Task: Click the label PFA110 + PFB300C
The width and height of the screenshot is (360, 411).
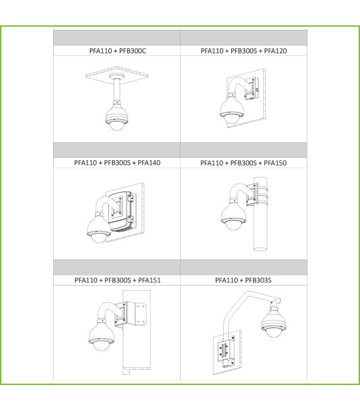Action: click(x=117, y=51)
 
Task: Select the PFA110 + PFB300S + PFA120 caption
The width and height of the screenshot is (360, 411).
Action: click(x=243, y=51)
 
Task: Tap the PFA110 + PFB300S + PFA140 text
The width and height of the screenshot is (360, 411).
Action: click(x=117, y=163)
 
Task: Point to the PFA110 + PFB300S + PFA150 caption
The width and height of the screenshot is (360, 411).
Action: click(x=243, y=163)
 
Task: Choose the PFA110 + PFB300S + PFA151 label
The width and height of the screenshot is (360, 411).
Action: click(x=117, y=280)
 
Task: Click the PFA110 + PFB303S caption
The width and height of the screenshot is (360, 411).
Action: click(x=243, y=280)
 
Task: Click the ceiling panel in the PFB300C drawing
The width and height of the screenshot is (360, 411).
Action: click(x=117, y=75)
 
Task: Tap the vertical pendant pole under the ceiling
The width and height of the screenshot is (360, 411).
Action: click(x=116, y=90)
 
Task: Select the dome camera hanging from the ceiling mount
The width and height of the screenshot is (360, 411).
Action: click(x=117, y=116)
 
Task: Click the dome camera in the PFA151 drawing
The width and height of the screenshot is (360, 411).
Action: click(x=101, y=336)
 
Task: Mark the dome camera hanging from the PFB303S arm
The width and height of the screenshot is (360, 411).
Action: click(x=274, y=321)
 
